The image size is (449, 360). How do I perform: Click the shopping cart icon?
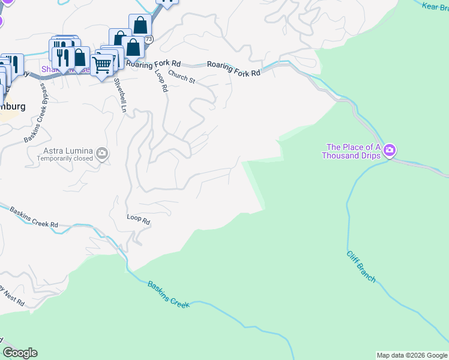[102, 64]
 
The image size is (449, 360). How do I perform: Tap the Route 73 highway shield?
[148, 39]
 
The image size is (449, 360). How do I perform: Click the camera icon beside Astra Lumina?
[102, 154]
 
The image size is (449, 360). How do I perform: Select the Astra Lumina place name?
[68, 150]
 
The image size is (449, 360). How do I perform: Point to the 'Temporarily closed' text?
[65, 158]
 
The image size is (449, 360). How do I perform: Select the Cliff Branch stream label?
[361, 266]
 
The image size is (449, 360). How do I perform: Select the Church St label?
[182, 77]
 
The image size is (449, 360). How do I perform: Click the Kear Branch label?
[435, 6]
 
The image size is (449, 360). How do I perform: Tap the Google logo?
[20, 353]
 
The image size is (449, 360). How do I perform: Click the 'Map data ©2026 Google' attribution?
[411, 355]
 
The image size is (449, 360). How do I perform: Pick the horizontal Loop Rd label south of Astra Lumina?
[138, 220]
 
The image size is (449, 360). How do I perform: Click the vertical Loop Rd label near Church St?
[161, 80]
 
